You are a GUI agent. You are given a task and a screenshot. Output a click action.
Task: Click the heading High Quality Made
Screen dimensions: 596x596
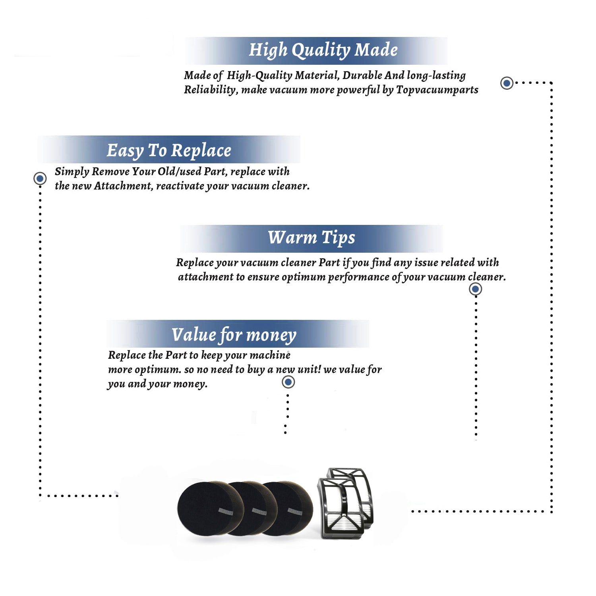(x=323, y=50)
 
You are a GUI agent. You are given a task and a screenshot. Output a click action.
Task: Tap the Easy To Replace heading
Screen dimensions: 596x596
(x=169, y=151)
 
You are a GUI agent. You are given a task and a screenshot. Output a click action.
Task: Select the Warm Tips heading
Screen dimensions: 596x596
(x=311, y=238)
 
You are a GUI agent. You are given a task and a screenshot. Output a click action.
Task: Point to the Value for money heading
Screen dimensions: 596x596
(x=234, y=335)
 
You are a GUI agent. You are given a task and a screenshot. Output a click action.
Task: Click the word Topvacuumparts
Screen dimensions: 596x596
(x=437, y=90)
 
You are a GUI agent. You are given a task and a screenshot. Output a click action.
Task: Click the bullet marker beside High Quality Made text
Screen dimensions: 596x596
(x=507, y=83)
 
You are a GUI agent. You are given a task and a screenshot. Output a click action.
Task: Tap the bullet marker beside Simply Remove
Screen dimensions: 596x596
(x=40, y=178)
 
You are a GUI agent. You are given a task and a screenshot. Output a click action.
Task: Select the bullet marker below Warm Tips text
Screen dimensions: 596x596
(x=475, y=289)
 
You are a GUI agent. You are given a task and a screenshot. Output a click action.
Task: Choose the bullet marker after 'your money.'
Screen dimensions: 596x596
(x=288, y=382)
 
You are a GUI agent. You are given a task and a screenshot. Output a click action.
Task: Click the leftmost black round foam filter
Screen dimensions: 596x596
(x=205, y=508)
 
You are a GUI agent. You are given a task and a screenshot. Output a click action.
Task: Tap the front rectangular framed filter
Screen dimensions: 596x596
(x=341, y=509)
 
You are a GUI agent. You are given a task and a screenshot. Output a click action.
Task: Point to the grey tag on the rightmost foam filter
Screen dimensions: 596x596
(x=295, y=511)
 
